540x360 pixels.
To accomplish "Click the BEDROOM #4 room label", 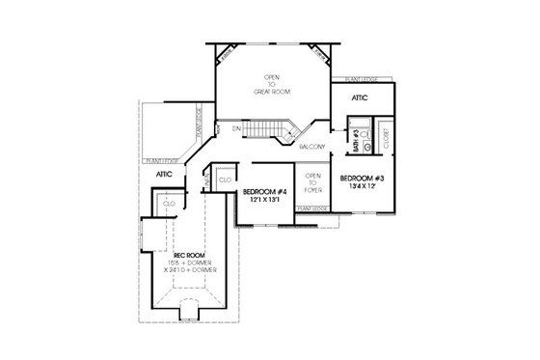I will click(263, 191).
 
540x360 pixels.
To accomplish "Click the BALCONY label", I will click(310, 147).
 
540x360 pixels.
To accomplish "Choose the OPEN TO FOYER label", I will click(312, 183).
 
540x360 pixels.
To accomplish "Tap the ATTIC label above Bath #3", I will click(359, 97).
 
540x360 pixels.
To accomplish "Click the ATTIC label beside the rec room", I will click(164, 174).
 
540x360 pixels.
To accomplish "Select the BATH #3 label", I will click(356, 146).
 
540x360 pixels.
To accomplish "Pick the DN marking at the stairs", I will click(234, 127).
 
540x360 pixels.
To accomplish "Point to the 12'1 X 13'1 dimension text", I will click(263, 200).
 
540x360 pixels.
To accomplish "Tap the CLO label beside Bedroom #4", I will click(225, 180).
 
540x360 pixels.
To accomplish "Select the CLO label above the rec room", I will click(169, 204).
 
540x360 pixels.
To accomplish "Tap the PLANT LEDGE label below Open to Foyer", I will click(311, 208).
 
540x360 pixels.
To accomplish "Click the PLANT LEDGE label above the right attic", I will click(349, 78).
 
